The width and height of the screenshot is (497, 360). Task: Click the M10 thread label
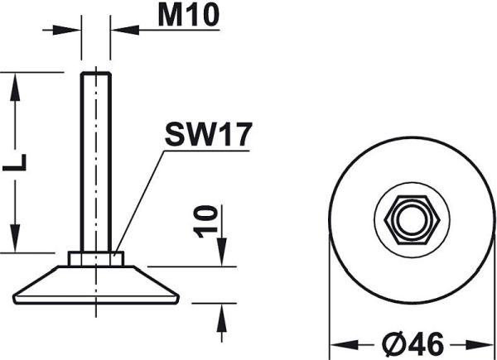(x=189, y=16)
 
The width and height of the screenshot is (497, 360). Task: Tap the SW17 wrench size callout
(x=208, y=134)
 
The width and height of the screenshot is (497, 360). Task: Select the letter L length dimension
(x=15, y=162)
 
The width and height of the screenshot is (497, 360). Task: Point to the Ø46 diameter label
(x=413, y=343)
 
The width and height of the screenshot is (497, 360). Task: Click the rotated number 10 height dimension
(x=205, y=221)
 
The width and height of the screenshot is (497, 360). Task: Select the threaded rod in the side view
(x=96, y=162)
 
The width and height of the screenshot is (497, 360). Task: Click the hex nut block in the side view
(x=96, y=259)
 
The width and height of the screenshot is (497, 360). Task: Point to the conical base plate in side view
(x=96, y=285)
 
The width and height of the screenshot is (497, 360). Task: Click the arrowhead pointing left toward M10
(x=125, y=30)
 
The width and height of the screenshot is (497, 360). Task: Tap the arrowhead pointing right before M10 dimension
(x=66, y=30)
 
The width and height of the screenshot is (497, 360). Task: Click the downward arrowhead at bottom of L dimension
(x=15, y=238)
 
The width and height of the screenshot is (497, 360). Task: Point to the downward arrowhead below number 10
(x=222, y=252)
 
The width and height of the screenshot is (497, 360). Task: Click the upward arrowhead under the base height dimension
(x=222, y=318)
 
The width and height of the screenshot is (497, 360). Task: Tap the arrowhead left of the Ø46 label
(x=345, y=344)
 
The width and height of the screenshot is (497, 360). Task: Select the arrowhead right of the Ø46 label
(x=480, y=344)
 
